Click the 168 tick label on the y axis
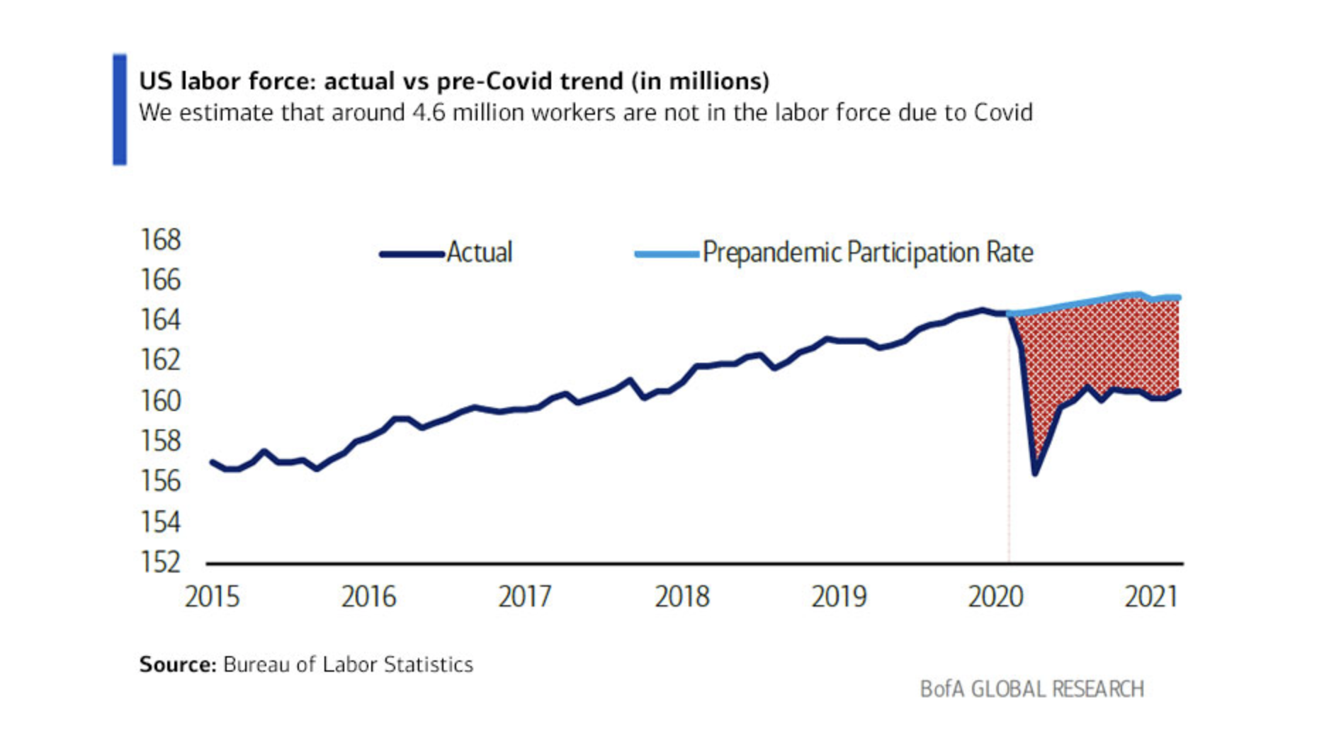click(x=161, y=240)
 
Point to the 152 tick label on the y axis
click(x=161, y=563)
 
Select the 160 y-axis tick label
click(x=161, y=402)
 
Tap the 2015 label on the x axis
click(x=212, y=597)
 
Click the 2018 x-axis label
click(x=682, y=597)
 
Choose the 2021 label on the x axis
click(x=1151, y=597)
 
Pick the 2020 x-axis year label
click(x=995, y=597)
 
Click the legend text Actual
click(x=480, y=253)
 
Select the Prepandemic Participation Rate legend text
click(x=868, y=253)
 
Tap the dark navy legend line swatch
click(x=412, y=254)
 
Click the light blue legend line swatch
click(x=667, y=254)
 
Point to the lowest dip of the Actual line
click(x=1035, y=473)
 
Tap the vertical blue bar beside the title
click(x=120, y=109)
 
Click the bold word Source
click(x=177, y=665)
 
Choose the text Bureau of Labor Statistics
click(x=348, y=665)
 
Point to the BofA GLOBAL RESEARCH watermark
click(x=1031, y=689)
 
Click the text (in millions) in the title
click(x=699, y=81)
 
